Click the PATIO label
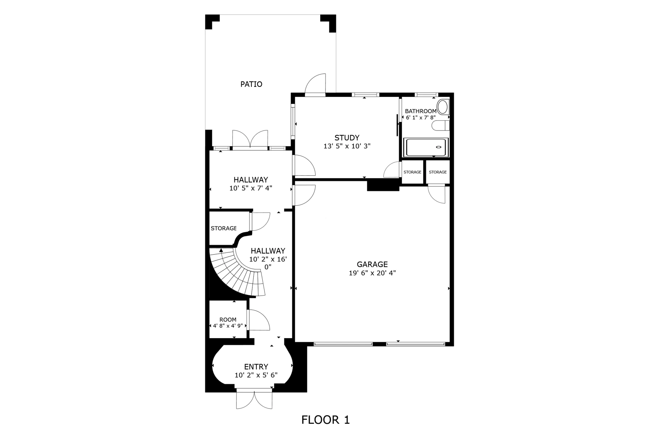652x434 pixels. pos(251,84)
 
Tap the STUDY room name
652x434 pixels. pos(347,138)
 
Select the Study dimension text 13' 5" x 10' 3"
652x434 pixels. pos(347,146)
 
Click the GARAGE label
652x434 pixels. pos(372,264)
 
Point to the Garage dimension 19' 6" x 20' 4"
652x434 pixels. pos(372,273)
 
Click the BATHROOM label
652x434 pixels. pos(421,111)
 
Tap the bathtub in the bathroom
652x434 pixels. pos(426,147)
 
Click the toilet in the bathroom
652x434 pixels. pos(440,126)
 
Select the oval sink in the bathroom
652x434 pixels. pos(443,107)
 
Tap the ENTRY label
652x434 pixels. pos(256,367)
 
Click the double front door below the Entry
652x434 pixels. pos(254,400)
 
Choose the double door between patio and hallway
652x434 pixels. pos(250,139)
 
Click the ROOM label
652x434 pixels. pos(228,320)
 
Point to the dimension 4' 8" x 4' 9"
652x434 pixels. pos(228,326)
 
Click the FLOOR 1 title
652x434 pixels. pos(326,420)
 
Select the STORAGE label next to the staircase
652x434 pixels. pos(223,228)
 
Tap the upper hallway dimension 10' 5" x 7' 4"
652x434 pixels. pos(251,188)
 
